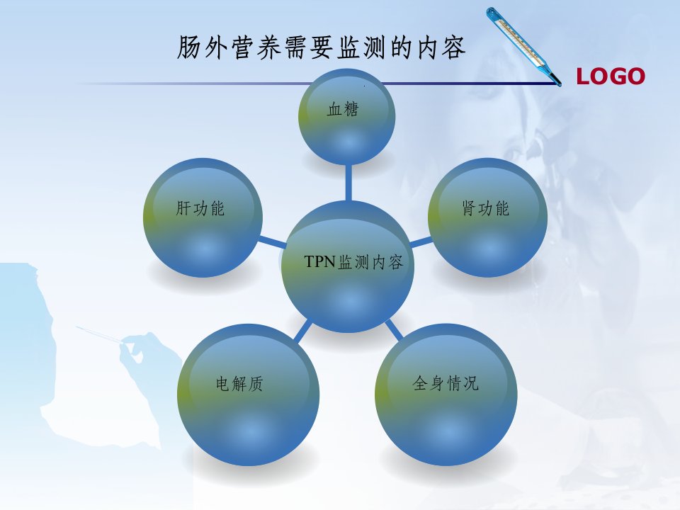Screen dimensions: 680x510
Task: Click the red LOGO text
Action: [610, 76]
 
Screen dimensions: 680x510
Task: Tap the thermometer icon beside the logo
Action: [523, 45]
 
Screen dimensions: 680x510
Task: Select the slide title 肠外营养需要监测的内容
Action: [322, 47]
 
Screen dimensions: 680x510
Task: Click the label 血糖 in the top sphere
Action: [343, 109]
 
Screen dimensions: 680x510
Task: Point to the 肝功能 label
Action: [200, 208]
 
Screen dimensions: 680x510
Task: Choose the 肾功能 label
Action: [485, 208]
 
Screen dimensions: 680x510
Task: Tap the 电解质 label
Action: [239, 384]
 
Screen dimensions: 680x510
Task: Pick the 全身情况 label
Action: [446, 383]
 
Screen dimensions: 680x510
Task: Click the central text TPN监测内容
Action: [353, 262]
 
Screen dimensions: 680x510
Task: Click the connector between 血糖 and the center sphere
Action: [348, 182]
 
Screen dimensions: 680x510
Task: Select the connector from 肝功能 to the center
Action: [272, 242]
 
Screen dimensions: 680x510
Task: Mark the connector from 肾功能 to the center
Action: [421, 242]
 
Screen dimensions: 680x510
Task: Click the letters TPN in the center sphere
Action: [320, 261]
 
